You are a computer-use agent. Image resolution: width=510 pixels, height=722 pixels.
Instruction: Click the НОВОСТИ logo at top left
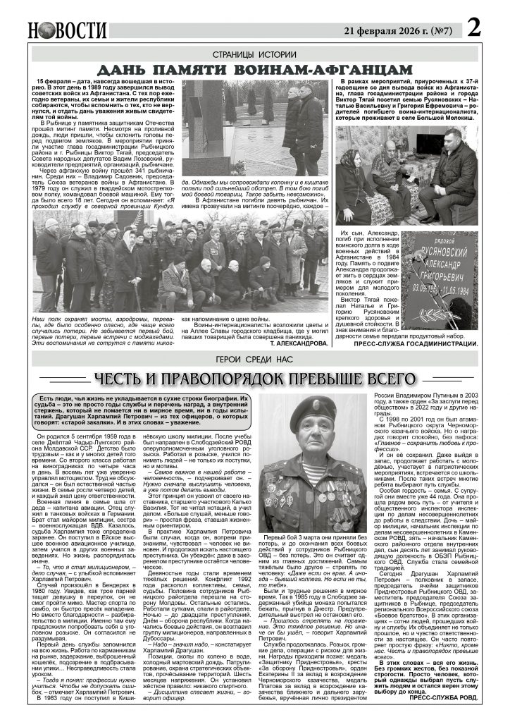[68, 30]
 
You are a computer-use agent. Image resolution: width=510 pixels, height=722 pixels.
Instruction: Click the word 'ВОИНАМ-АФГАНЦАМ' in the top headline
[329, 70]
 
